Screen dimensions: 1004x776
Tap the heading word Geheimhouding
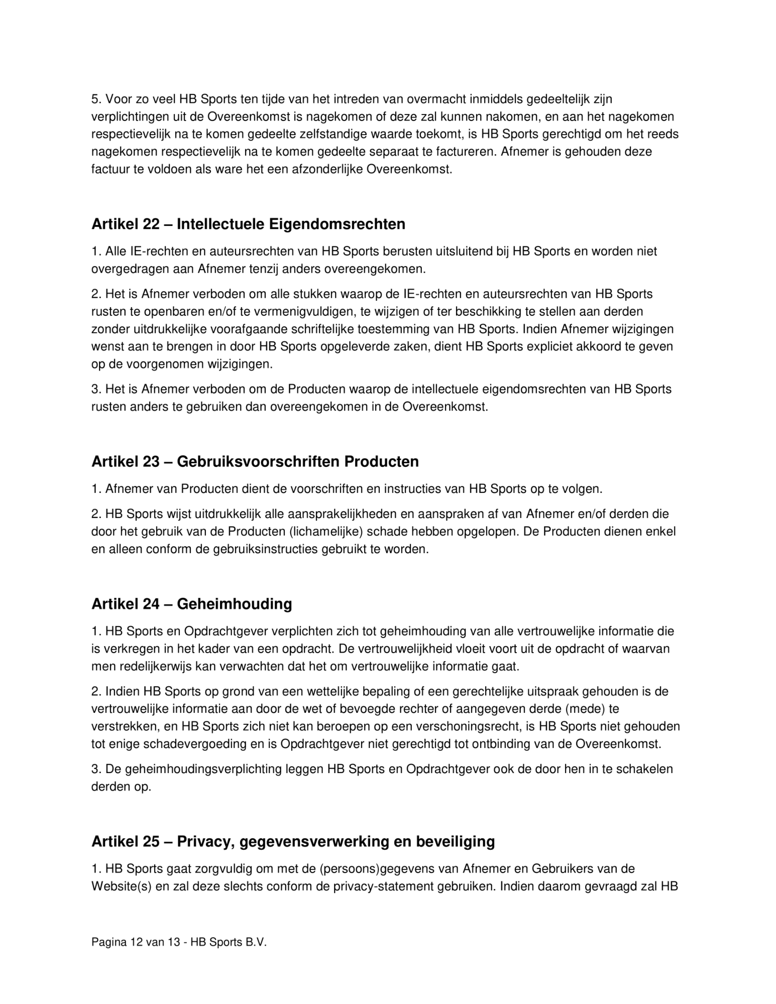click(x=234, y=603)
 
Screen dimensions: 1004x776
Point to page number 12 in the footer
click(x=136, y=942)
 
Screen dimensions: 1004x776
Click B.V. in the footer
click(x=256, y=942)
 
